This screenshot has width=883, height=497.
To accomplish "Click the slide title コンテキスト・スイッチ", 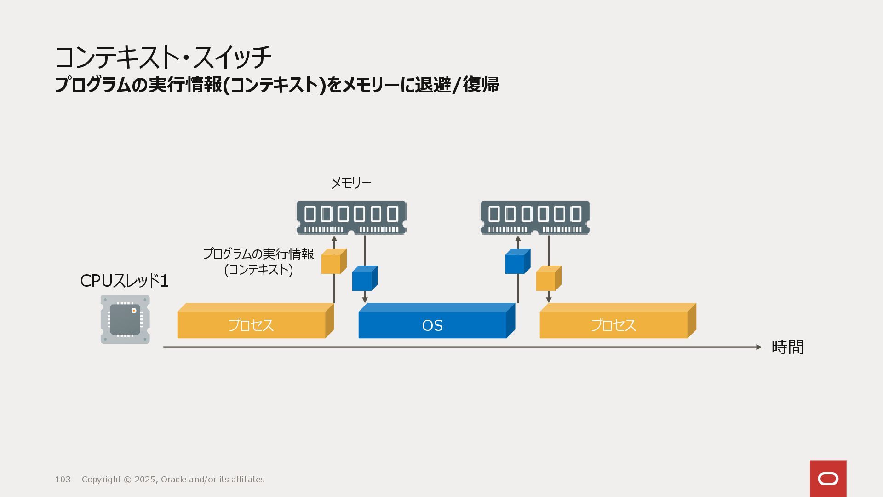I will tap(163, 58).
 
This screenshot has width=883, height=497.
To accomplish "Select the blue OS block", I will tap(432, 324).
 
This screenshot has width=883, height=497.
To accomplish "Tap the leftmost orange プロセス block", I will tap(251, 324).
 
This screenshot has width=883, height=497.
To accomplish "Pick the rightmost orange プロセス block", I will tap(614, 324).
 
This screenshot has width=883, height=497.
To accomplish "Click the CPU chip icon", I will tap(125, 319).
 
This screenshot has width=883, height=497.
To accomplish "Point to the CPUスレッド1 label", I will tap(124, 281).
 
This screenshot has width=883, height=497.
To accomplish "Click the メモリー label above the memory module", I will tap(351, 183).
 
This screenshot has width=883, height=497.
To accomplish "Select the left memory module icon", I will tap(351, 218).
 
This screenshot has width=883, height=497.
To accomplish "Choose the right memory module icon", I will tap(535, 218).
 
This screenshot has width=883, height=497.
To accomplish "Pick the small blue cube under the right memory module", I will tap(517, 262).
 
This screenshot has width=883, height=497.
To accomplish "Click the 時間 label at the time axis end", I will tap(787, 347).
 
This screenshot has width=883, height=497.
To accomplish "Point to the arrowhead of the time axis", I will tap(759, 347).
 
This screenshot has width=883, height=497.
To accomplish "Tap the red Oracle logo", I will tap(828, 479).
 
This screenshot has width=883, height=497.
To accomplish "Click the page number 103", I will tap(63, 480).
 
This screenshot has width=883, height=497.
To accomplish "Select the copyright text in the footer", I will tap(173, 480).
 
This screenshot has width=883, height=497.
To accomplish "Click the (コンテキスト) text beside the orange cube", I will tap(258, 270).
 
